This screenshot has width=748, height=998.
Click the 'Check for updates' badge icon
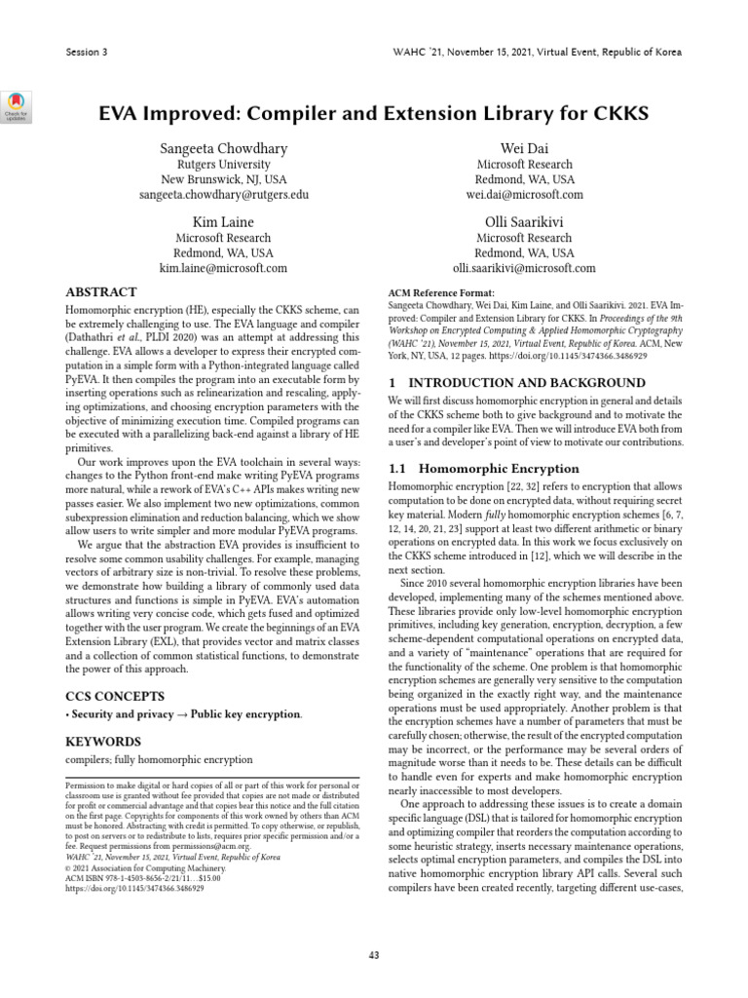tap(18, 106)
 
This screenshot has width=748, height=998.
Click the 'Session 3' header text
tap(85, 52)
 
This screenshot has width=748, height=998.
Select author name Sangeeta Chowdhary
tap(224, 148)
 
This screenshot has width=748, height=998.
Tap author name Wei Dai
tap(524, 148)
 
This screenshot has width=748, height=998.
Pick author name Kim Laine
tap(224, 222)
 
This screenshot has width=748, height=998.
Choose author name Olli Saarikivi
tap(524, 222)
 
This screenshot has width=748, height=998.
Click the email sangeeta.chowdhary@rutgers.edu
tap(224, 195)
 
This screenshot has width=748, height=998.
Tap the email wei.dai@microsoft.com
tap(524, 195)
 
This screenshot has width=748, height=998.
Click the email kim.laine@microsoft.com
tap(224, 268)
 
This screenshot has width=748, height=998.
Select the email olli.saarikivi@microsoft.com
tap(524, 268)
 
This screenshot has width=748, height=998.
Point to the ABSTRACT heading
tap(100, 291)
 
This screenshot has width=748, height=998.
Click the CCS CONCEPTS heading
tap(114, 696)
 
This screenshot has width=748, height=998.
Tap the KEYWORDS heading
tap(103, 741)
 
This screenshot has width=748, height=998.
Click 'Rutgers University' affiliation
tap(224, 165)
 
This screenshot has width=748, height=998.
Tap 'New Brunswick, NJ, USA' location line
tap(224, 180)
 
